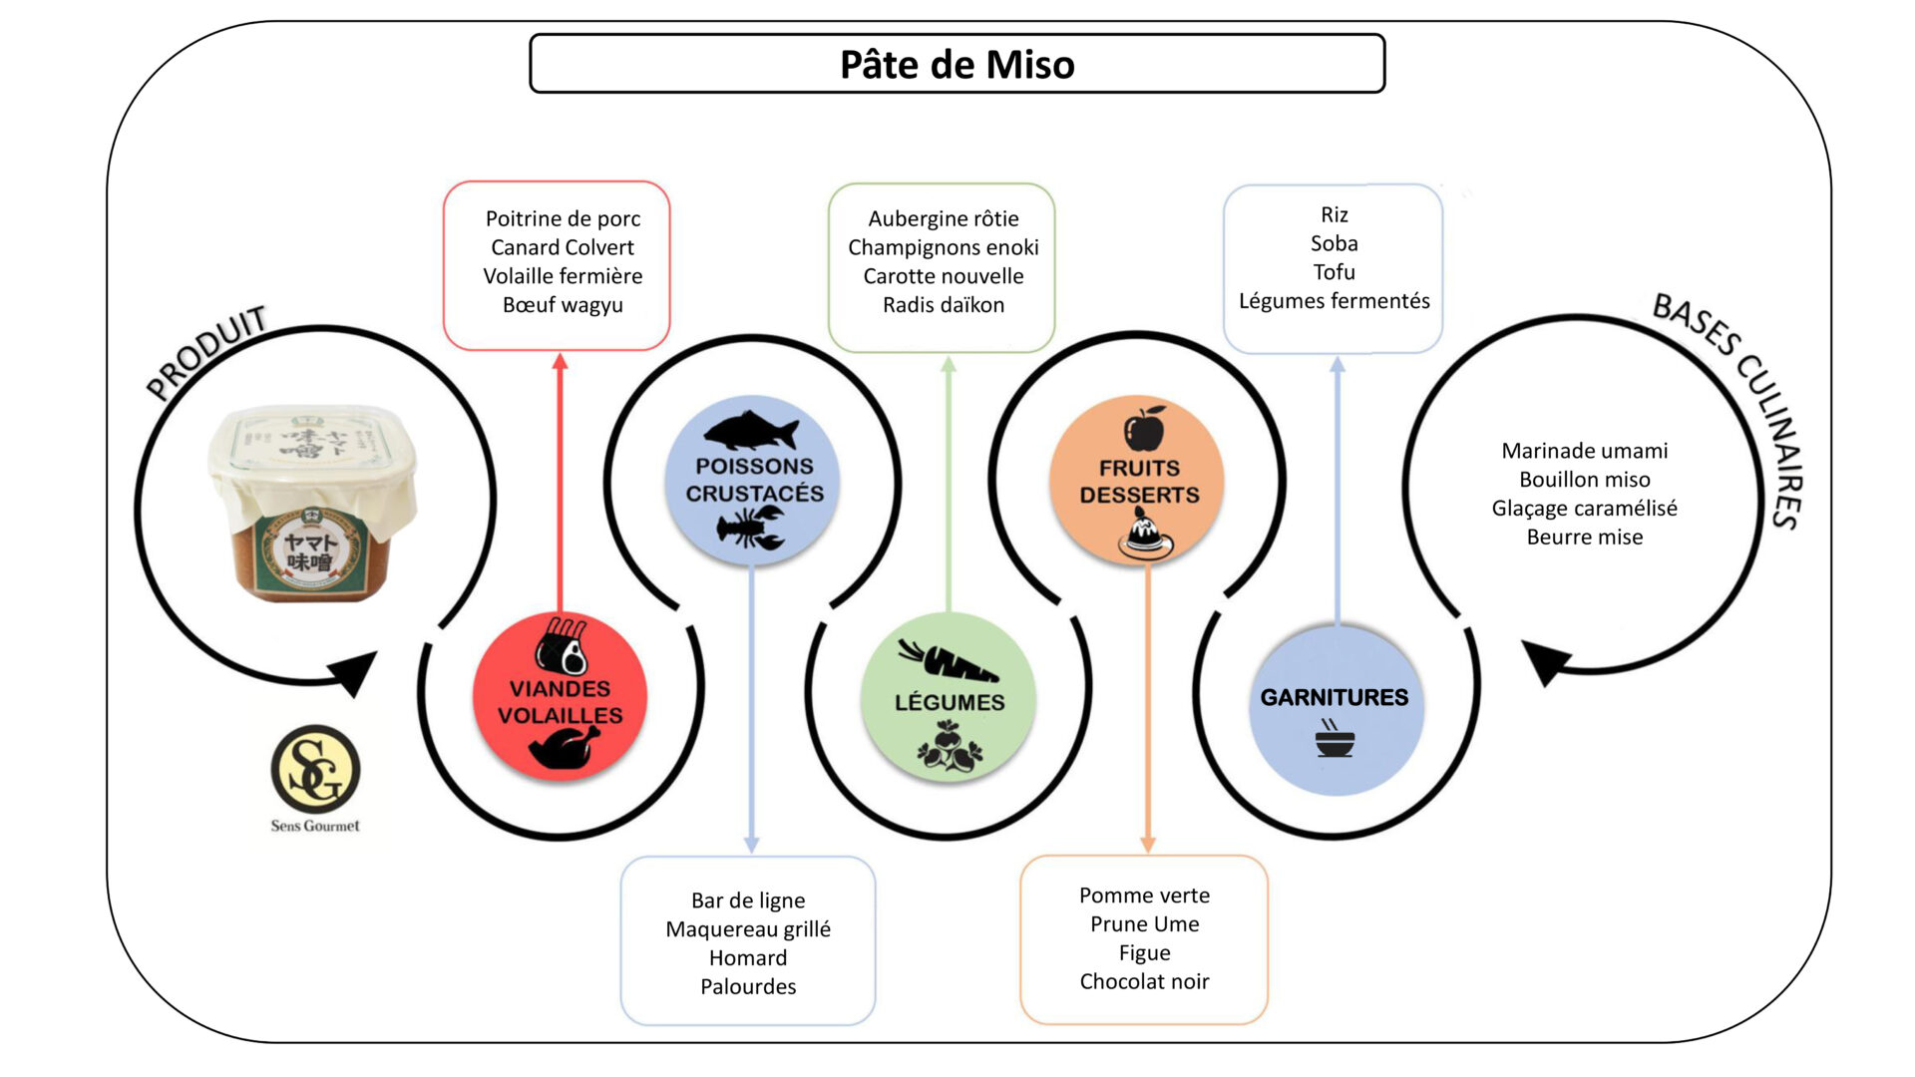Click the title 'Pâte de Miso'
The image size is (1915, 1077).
pyautogui.click(x=957, y=65)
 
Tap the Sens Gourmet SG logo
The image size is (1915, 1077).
pyautogui.click(x=315, y=770)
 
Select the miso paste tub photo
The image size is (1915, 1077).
pyautogui.click(x=312, y=503)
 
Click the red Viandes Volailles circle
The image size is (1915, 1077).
pyautogui.click(x=560, y=698)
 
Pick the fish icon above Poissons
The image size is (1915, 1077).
pyautogui.click(x=751, y=431)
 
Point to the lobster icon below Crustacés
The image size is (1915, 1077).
pyautogui.click(x=752, y=528)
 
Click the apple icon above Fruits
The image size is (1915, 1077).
pyautogui.click(x=1144, y=429)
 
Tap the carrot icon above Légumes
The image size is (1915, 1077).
pyautogui.click(x=947, y=661)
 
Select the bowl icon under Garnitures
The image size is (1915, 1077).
pyautogui.click(x=1335, y=740)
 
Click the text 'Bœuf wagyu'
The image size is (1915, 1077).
pyautogui.click(x=563, y=305)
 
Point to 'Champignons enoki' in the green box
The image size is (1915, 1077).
pyautogui.click(x=943, y=247)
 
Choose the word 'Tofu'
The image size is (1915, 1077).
pyautogui.click(x=1334, y=272)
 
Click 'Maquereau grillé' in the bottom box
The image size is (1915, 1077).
pyautogui.click(x=748, y=929)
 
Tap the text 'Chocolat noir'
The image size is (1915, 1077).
pyautogui.click(x=1144, y=982)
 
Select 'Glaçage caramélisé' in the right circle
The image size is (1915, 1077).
pyautogui.click(x=1584, y=509)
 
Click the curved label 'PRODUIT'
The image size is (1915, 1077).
pyautogui.click(x=206, y=351)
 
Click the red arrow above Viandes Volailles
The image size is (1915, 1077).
pyautogui.click(x=560, y=479)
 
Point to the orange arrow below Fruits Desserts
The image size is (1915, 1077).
pyautogui.click(x=1147, y=708)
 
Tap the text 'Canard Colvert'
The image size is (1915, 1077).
pyautogui.click(x=563, y=247)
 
